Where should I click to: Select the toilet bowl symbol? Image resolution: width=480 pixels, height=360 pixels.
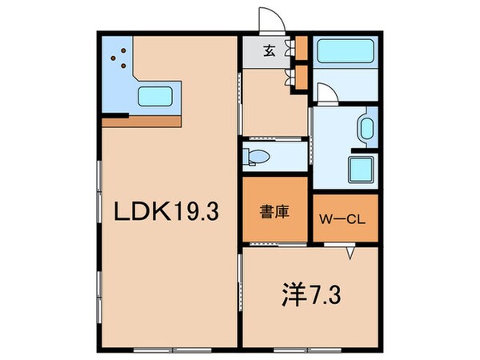259,155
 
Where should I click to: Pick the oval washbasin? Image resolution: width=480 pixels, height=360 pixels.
367,129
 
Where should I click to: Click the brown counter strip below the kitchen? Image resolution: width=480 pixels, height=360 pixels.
142,122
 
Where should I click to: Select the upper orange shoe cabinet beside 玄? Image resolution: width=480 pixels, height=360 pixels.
301,47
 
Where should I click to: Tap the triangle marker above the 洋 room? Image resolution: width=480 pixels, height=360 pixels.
350,254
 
